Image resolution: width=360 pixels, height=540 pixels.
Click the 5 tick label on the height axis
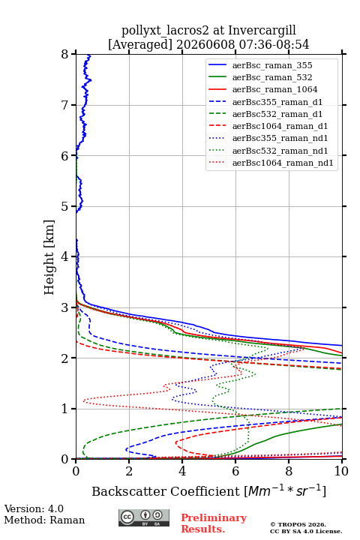click(x=64, y=206)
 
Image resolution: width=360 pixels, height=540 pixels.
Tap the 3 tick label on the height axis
click(x=64, y=307)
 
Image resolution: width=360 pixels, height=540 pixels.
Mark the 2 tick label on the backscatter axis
click(x=129, y=471)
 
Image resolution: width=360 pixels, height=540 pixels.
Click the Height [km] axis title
click(x=49, y=257)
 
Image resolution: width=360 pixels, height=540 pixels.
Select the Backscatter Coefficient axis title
click(x=208, y=490)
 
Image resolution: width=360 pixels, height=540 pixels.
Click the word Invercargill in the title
click(x=262, y=30)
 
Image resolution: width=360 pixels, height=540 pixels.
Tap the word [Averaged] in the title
click(x=140, y=44)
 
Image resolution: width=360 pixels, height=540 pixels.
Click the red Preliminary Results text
click(x=214, y=523)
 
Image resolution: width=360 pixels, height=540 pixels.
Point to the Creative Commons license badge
click(x=144, y=517)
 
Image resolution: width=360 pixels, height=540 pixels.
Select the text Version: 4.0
click(x=34, y=508)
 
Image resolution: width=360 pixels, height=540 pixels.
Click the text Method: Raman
click(x=44, y=520)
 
